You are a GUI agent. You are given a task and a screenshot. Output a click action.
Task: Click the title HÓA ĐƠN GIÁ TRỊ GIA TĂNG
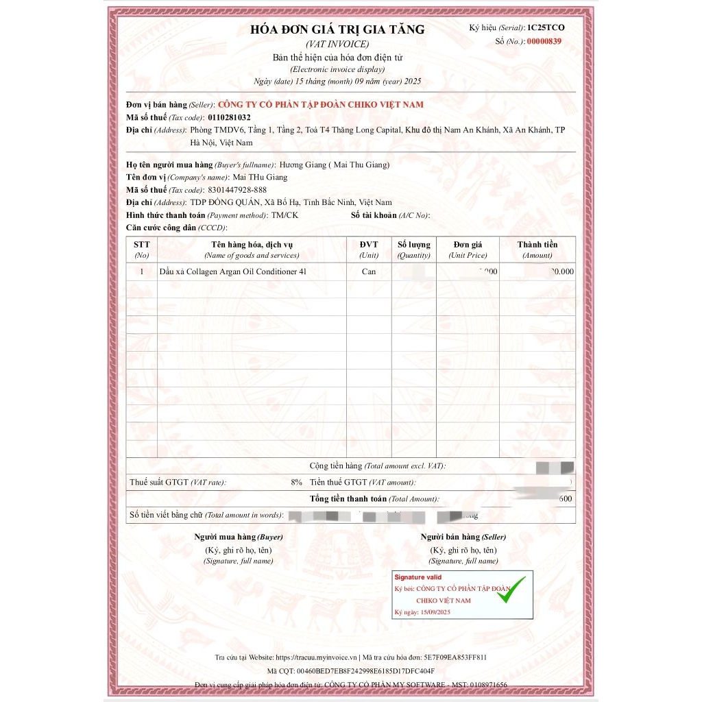click(337, 29)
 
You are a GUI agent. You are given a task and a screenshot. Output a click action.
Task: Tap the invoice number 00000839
click(544, 42)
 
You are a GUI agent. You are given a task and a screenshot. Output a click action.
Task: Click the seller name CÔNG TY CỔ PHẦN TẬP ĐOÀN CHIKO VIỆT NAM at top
click(320, 104)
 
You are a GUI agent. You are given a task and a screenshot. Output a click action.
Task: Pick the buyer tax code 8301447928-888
click(237, 190)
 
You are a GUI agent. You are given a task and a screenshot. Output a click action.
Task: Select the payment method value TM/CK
click(285, 215)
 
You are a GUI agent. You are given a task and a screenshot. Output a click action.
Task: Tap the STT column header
click(142, 245)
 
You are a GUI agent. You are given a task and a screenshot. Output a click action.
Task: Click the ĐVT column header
click(369, 245)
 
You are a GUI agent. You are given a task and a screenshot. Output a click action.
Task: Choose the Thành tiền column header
click(537, 245)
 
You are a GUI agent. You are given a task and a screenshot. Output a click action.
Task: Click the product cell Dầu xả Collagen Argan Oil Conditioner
click(232, 271)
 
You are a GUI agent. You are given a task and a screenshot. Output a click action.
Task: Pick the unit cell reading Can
click(369, 271)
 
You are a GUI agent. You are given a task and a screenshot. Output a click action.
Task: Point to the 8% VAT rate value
click(296, 482)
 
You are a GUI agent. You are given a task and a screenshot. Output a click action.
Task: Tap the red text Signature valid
click(418, 577)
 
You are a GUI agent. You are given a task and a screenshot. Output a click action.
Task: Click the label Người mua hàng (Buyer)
click(238, 537)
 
